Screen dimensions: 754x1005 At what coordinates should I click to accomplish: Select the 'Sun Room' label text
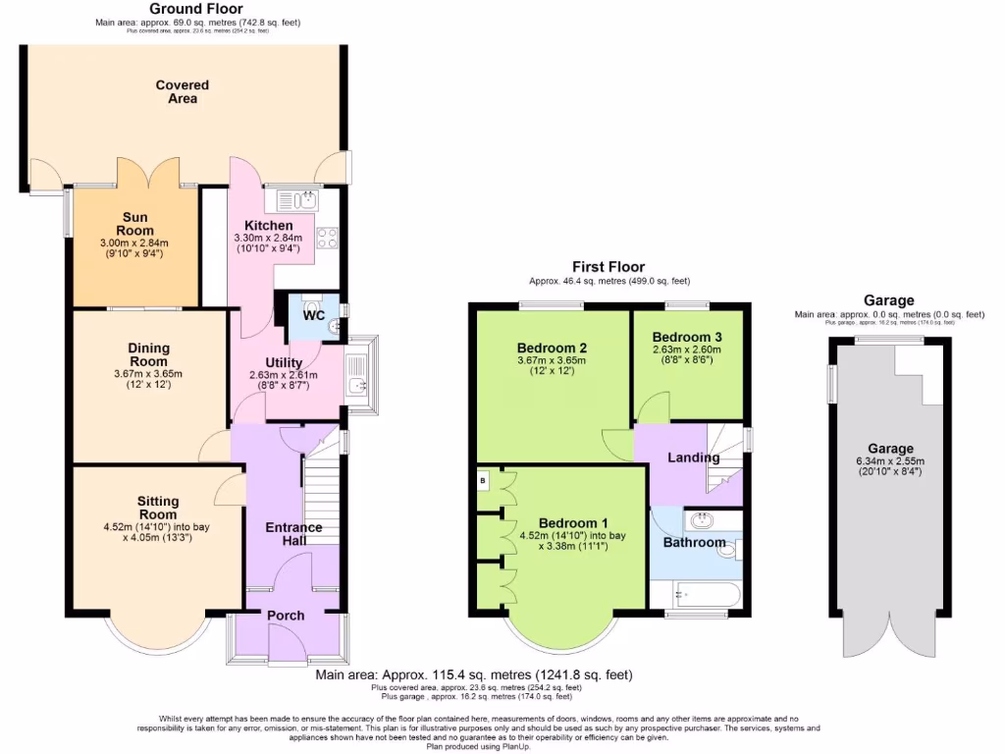[x=134, y=224]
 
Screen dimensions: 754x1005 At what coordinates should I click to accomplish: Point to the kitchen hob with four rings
[x=327, y=238]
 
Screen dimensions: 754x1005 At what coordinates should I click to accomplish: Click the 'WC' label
[x=314, y=316]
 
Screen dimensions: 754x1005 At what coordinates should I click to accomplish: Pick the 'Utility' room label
[x=284, y=363]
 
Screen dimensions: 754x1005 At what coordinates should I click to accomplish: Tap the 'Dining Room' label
[x=149, y=354]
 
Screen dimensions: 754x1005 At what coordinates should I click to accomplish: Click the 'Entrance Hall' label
[x=293, y=534]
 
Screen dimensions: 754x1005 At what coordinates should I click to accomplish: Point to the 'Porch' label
[x=286, y=616]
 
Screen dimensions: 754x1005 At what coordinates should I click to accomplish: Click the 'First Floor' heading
[x=608, y=267]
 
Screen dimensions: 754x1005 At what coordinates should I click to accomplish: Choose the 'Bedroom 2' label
[x=552, y=348]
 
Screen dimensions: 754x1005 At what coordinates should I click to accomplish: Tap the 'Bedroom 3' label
[x=687, y=338]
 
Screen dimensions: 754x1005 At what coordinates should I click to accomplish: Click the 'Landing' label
[x=694, y=458]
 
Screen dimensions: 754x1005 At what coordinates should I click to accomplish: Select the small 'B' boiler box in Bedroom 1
[x=483, y=481]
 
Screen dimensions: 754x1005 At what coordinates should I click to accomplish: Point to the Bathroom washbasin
[x=704, y=520]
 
